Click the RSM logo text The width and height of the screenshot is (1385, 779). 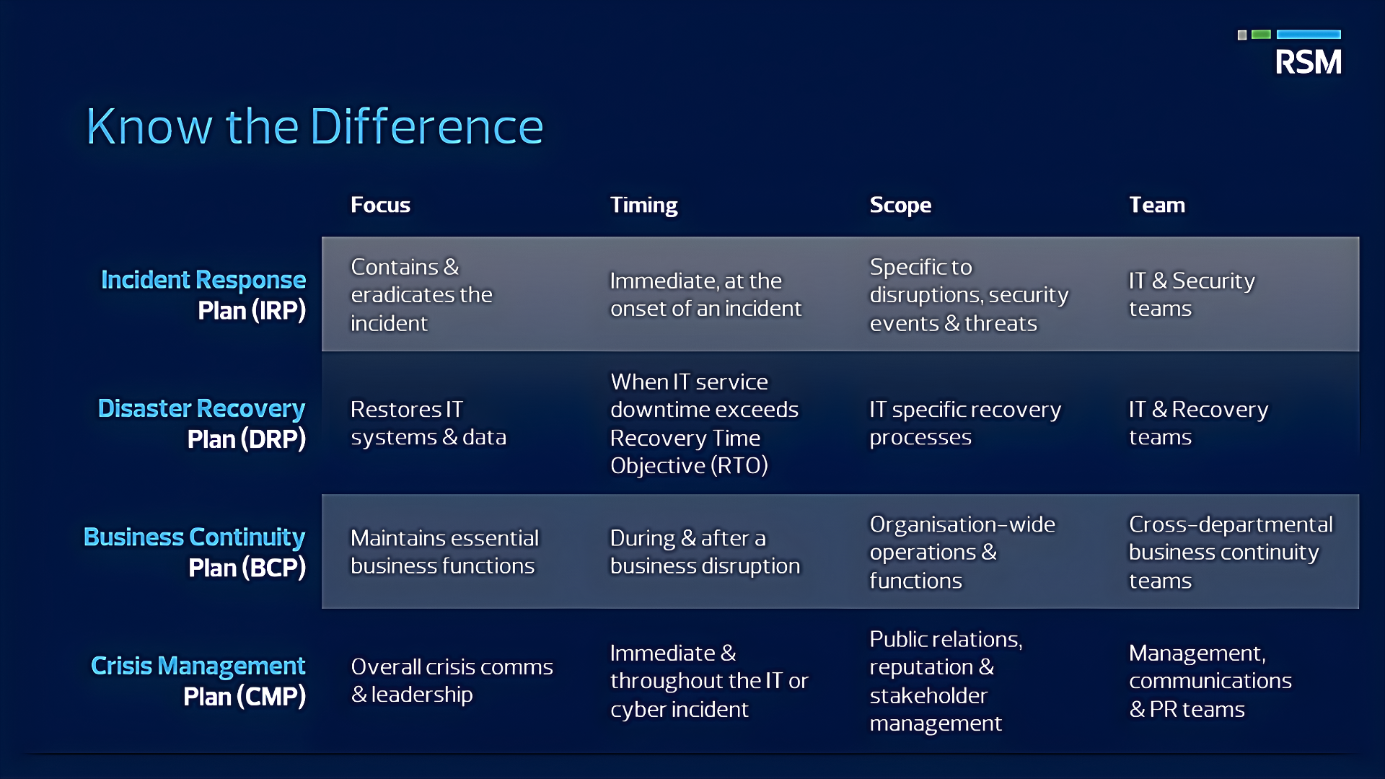[x=1308, y=62]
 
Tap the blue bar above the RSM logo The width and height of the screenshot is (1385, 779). [x=1309, y=35]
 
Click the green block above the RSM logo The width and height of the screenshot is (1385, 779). [x=1261, y=35]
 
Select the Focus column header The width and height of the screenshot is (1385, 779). [x=380, y=205]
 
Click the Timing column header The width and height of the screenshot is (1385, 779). [x=643, y=205]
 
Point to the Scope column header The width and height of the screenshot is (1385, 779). [x=900, y=205]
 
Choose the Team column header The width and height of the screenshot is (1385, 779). [x=1157, y=205]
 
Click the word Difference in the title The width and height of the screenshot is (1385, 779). [x=426, y=127]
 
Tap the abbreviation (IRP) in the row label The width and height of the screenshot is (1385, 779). [x=278, y=311]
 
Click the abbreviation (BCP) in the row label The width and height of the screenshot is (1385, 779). [x=274, y=568]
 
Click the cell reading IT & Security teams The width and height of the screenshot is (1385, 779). [x=1192, y=294]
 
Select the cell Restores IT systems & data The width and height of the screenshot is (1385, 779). [x=428, y=423]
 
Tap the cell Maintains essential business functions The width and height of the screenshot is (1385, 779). [x=444, y=552]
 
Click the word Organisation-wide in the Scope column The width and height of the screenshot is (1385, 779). [x=962, y=524]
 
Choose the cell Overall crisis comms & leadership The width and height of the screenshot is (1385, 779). [x=452, y=680]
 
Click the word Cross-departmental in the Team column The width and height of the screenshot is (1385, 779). [x=1231, y=524]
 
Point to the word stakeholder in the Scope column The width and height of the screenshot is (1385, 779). [x=928, y=695]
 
